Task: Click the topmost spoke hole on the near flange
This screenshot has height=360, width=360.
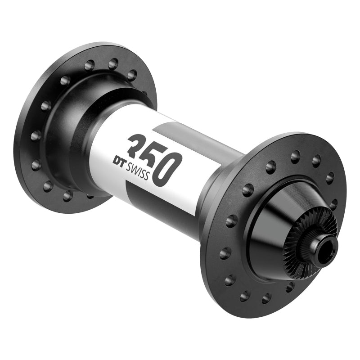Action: [295, 156]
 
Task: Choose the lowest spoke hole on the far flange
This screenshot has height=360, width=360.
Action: [68, 195]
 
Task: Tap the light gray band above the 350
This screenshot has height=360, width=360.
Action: [180, 135]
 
